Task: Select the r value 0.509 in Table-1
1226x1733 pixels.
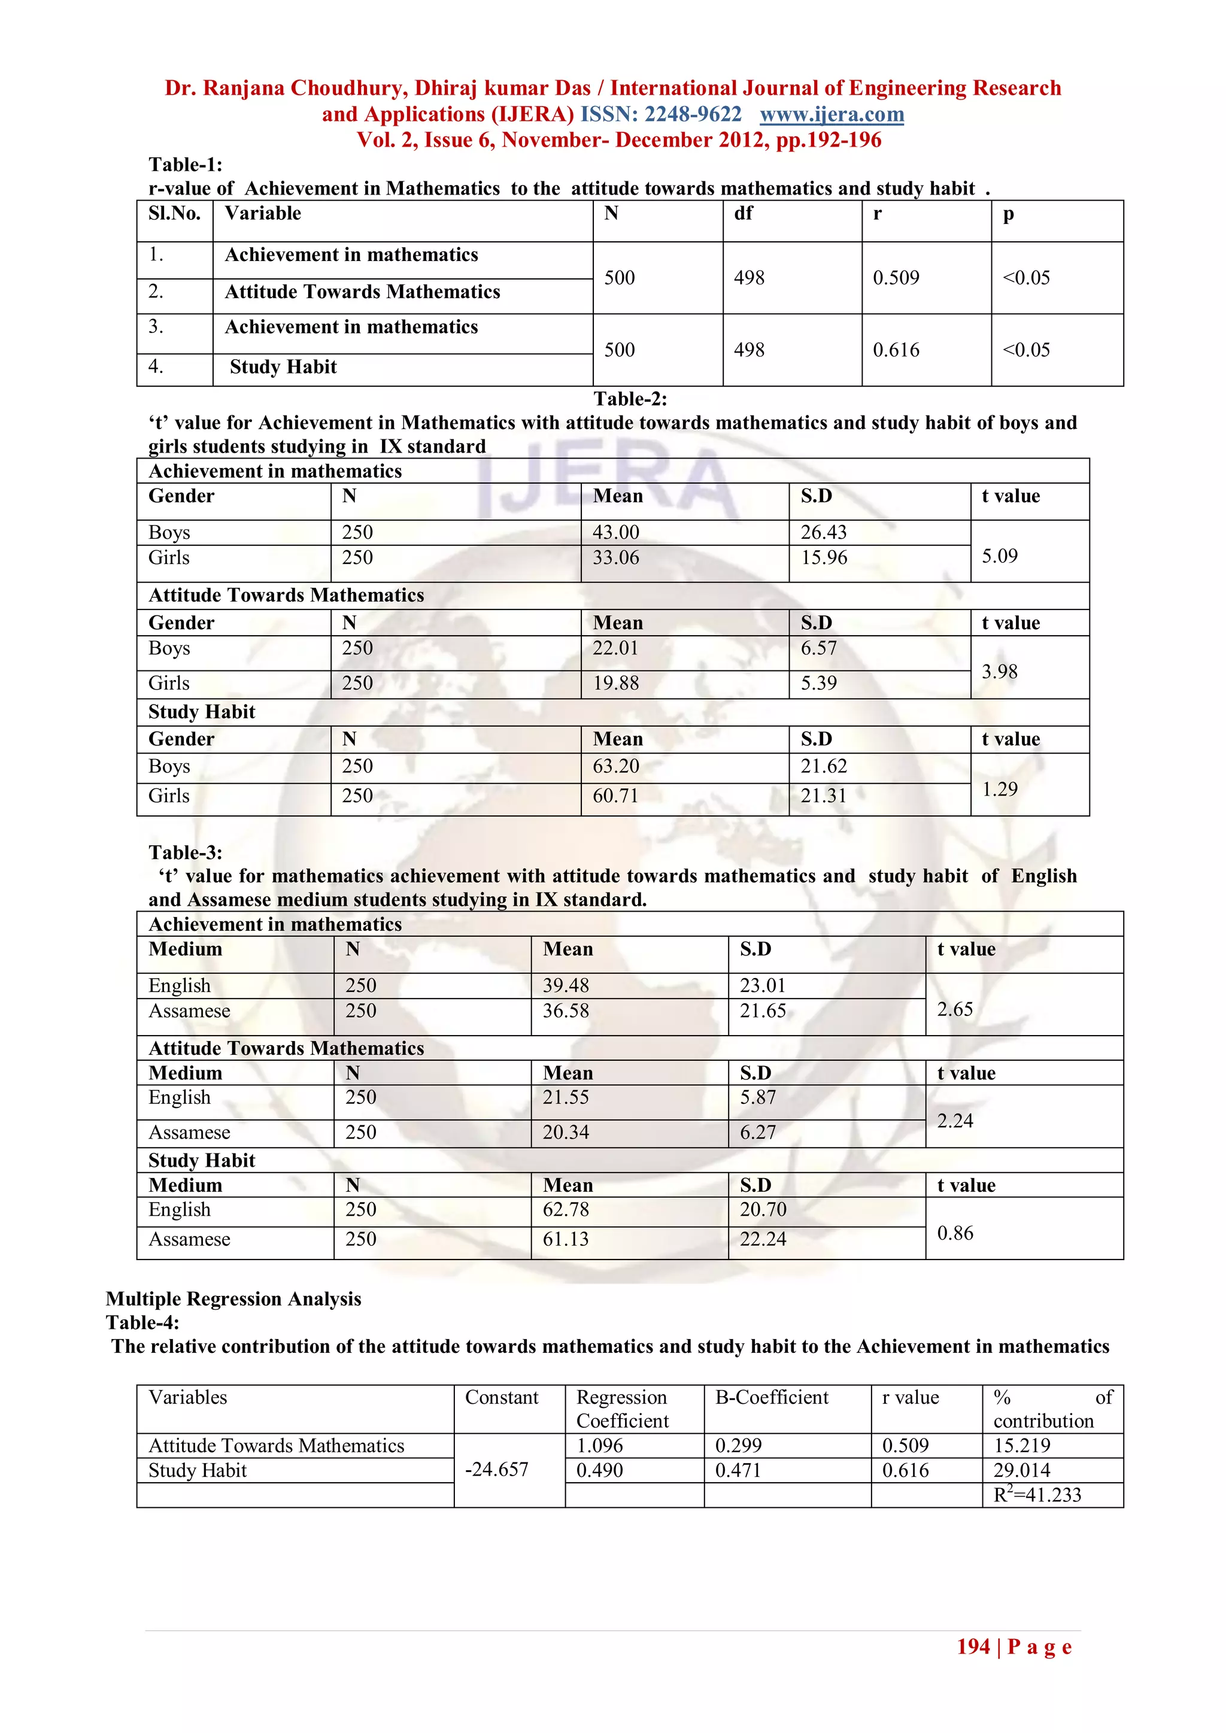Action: (896, 278)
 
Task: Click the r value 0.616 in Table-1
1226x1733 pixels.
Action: (896, 350)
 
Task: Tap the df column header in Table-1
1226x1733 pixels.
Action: (743, 214)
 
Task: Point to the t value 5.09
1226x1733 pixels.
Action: (1000, 556)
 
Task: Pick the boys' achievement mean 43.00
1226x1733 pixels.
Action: (615, 532)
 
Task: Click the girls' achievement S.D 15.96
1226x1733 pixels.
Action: (824, 558)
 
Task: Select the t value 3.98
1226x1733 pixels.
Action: (1000, 671)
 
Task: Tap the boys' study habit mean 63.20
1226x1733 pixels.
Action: (615, 766)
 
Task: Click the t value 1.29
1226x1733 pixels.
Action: (1000, 789)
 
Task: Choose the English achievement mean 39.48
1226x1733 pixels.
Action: (566, 985)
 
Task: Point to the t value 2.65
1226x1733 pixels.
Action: (955, 1009)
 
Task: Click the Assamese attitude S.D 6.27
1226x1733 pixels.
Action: (757, 1132)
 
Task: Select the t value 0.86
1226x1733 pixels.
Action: (955, 1233)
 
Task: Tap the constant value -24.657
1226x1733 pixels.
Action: (496, 1469)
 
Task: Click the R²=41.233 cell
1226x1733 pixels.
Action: (1037, 1495)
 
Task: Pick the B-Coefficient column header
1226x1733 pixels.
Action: (772, 1397)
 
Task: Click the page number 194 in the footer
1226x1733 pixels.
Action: (973, 1646)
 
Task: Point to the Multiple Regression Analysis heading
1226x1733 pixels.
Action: (233, 1298)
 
